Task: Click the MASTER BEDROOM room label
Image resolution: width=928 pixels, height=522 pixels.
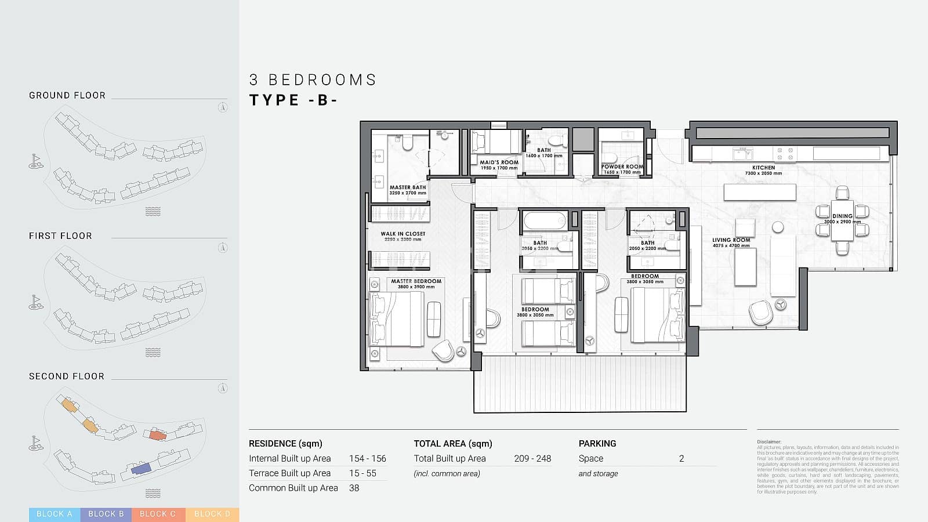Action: click(x=416, y=281)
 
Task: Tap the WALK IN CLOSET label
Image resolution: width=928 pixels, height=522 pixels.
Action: click(x=403, y=234)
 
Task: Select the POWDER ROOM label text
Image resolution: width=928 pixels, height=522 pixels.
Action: click(x=622, y=166)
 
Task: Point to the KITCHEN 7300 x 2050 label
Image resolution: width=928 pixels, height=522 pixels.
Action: click(x=763, y=168)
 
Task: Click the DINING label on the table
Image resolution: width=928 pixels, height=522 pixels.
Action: click(x=842, y=216)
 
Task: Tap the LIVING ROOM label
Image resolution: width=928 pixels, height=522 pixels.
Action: click(x=731, y=240)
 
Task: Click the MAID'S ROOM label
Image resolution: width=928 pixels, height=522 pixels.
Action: click(x=499, y=162)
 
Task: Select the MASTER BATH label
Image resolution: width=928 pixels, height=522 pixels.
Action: click(x=408, y=187)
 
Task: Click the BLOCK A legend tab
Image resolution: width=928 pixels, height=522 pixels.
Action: click(x=55, y=514)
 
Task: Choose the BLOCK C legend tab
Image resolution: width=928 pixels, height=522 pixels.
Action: click(x=158, y=514)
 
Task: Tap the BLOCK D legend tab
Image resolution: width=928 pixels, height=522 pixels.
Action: click(x=212, y=514)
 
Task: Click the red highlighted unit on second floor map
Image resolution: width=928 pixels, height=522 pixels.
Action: click(x=157, y=435)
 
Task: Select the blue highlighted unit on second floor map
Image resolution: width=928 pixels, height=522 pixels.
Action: click(x=141, y=469)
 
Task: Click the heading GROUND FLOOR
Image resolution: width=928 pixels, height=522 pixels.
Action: click(x=67, y=96)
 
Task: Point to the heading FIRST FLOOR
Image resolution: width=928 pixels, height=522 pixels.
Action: click(x=60, y=236)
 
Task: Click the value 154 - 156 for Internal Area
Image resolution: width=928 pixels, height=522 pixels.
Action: click(x=367, y=458)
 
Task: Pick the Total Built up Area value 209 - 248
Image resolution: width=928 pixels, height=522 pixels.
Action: click(x=532, y=458)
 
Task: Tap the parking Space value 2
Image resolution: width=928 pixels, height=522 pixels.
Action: click(x=681, y=458)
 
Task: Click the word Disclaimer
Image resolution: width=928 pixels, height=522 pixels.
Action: click(x=769, y=442)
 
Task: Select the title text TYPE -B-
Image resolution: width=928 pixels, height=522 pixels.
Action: click(x=293, y=100)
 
